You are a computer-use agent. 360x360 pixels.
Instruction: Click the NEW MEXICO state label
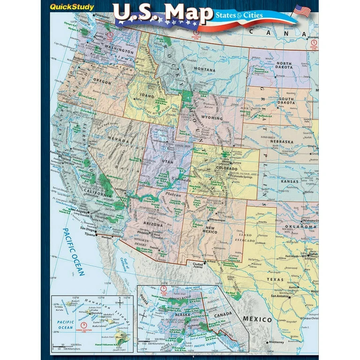(210, 229)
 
